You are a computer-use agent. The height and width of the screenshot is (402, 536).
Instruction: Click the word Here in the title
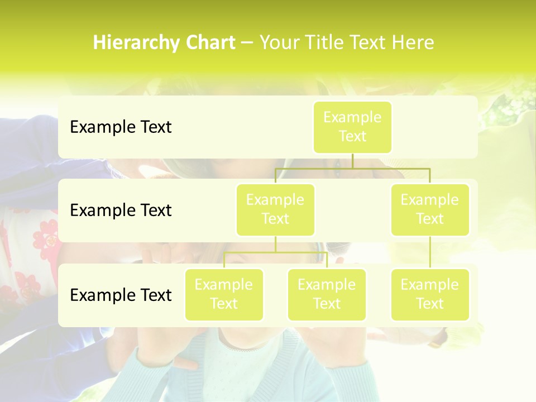point(413,43)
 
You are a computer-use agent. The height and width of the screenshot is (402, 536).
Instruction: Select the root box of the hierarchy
point(352,127)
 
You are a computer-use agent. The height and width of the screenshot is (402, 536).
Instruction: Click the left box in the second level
point(275,210)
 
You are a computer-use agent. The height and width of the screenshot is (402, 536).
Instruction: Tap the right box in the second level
point(430,210)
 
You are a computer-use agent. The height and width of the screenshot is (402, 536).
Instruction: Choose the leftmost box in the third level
point(224,295)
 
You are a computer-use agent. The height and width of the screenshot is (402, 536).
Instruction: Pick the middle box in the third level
point(327,295)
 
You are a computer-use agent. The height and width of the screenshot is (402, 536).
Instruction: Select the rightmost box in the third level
point(430,295)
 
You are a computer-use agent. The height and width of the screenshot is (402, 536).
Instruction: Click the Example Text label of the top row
point(121,127)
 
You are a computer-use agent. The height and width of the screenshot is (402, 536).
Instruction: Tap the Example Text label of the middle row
point(121,210)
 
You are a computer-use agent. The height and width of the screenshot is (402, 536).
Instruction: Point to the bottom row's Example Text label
point(121,295)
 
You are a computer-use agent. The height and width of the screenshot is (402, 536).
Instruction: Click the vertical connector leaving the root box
point(352,160)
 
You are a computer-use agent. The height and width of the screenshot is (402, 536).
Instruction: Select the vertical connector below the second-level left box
point(275,244)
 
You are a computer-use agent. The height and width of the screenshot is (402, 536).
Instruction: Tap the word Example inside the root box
point(352,118)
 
